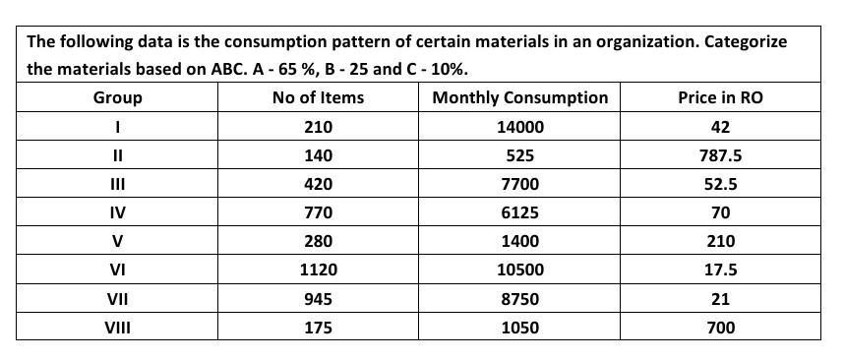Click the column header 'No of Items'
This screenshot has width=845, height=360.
coord(318,97)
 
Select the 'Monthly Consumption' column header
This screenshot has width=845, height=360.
coord(519,97)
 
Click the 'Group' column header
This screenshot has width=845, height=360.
coord(117,97)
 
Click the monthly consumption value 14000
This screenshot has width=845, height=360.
coord(519,127)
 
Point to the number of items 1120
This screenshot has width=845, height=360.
coord(318,270)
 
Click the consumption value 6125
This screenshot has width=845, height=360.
coord(519,212)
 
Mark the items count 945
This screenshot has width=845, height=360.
coord(318,299)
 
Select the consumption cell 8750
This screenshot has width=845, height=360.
coord(519,299)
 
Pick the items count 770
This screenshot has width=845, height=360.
coord(318,212)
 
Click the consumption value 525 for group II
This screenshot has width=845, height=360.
coord(519,155)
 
